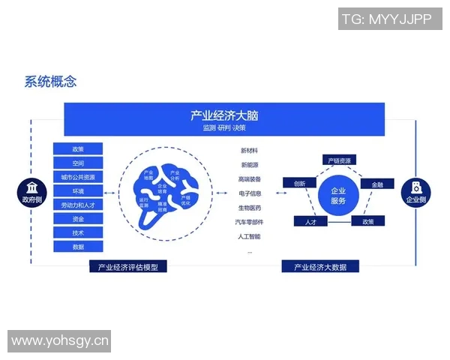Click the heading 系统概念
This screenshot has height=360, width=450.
[x=50, y=82]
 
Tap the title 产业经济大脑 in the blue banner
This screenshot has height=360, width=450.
[x=224, y=115]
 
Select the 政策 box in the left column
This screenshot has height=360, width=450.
[x=78, y=149]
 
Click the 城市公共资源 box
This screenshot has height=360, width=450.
[x=78, y=178]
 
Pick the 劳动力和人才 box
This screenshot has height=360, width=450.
[x=78, y=205]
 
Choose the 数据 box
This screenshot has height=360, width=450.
[x=78, y=247]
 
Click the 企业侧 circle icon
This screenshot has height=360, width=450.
[x=415, y=192]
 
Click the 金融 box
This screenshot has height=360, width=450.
[x=376, y=184]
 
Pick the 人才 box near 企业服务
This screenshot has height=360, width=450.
[x=310, y=222]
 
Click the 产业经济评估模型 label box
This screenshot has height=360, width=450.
[x=127, y=266]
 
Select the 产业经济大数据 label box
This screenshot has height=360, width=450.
[x=319, y=266]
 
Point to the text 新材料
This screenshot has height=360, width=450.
[x=250, y=151]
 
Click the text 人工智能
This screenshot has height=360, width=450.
[x=250, y=237]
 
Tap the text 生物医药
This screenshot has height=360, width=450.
[x=250, y=208]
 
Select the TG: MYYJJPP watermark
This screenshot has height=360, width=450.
[x=386, y=19]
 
